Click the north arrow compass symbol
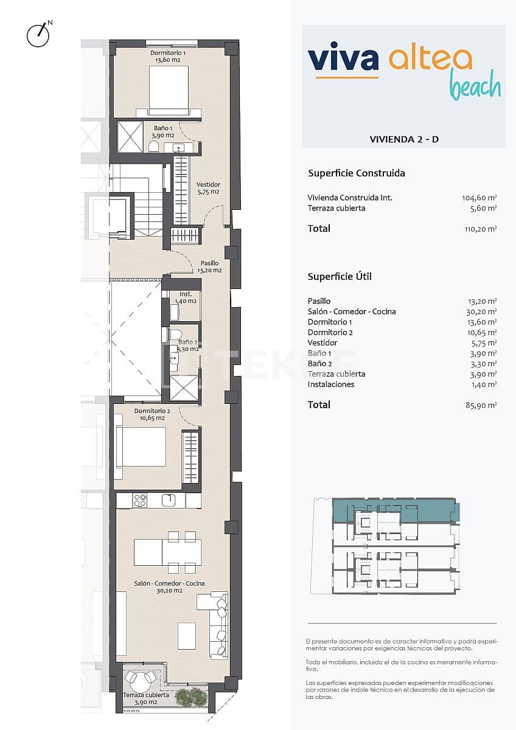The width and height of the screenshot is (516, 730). click(38, 35)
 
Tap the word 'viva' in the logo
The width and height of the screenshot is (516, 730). click(343, 58)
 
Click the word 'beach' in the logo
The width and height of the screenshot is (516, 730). click(475, 87)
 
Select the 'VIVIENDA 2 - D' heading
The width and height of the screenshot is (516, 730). click(404, 139)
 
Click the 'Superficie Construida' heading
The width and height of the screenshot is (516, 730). click(357, 173)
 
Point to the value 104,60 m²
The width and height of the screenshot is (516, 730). click(479, 198)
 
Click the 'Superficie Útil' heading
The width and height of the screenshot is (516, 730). click(340, 277)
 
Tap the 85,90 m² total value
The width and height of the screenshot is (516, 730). click(481, 405)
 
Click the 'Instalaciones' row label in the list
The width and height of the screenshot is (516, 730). click(331, 384)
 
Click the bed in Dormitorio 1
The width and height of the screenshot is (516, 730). click(169, 90)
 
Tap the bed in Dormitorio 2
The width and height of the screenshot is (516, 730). click(141, 447)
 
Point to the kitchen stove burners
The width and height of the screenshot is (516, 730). click(140, 501)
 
